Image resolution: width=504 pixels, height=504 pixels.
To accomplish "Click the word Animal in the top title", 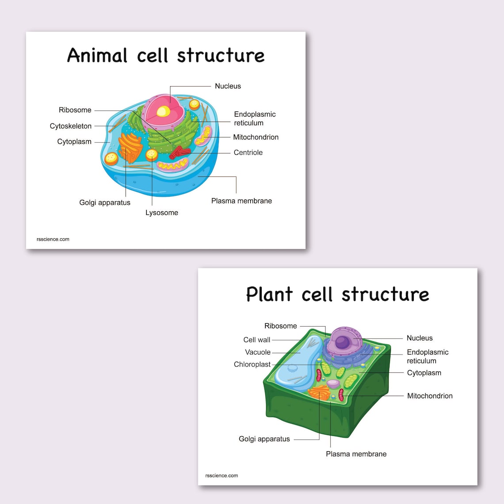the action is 97,56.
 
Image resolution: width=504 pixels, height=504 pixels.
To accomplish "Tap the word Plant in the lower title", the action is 269,294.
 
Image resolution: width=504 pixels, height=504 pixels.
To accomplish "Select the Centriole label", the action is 248,153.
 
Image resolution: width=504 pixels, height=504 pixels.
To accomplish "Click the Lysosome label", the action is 162,213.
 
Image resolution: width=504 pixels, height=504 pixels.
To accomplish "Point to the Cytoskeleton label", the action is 71,126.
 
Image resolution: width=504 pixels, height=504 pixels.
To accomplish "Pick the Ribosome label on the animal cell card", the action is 75,110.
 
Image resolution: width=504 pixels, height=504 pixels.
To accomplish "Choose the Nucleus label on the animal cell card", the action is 228,86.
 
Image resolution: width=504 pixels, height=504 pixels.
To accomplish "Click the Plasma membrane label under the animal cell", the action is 241,201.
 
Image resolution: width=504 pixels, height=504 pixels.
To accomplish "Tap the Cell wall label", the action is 256,340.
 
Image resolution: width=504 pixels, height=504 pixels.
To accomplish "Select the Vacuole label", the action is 258,352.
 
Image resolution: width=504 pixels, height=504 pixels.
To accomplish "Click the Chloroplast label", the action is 252,365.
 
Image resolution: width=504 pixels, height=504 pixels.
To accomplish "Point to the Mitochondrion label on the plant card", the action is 430,396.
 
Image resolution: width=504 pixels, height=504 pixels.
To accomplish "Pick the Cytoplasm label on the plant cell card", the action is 424,373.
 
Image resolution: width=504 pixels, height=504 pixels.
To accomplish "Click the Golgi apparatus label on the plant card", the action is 264,439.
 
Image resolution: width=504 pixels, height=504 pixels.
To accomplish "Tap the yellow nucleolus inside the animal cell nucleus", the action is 163,111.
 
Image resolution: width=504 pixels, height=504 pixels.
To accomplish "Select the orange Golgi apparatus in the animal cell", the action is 130,146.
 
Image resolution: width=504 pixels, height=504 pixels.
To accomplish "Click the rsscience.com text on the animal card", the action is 53,239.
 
